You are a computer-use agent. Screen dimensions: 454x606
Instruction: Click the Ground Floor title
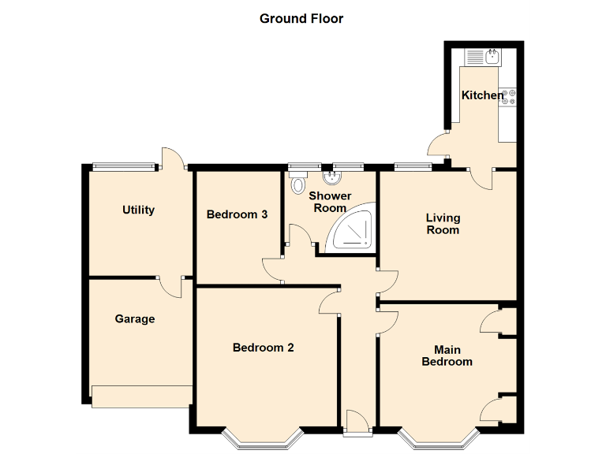[301, 18]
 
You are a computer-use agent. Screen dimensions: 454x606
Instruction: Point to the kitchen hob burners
[509, 96]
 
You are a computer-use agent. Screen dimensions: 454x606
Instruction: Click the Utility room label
[138, 210]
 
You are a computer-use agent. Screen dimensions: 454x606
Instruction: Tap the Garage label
[135, 319]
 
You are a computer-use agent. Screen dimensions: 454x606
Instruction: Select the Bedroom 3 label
[238, 214]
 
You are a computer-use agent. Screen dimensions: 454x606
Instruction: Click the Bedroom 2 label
[264, 348]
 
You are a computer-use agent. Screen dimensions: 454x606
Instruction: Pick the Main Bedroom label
[447, 355]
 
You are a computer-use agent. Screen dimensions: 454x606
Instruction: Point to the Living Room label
[443, 224]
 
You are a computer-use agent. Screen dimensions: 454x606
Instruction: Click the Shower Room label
[330, 202]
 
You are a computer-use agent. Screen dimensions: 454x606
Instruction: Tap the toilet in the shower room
[297, 184]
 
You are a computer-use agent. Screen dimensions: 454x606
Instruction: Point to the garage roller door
[142, 396]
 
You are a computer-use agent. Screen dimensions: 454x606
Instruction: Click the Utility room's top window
[124, 166]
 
